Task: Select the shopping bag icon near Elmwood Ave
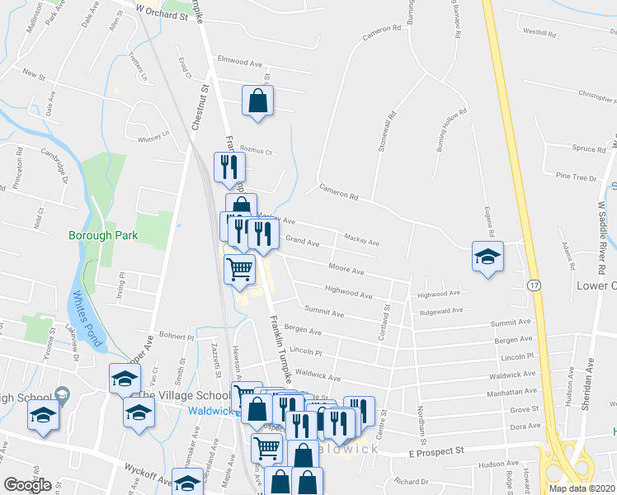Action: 258,101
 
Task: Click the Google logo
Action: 27,485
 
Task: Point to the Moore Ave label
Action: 346,270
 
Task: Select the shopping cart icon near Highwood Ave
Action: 239,268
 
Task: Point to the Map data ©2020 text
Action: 582,488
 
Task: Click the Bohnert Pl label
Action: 176,337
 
